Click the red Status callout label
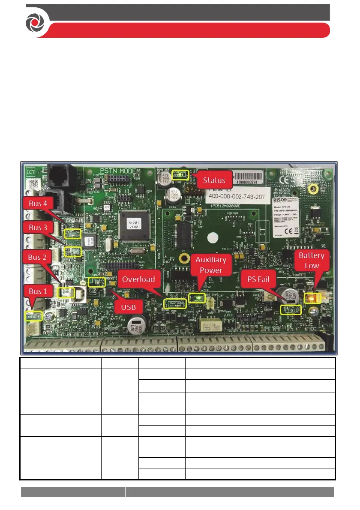[x=214, y=180]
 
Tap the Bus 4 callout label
[x=38, y=204]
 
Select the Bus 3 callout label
[x=38, y=227]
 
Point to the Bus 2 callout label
[x=38, y=257]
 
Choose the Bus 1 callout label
[x=38, y=291]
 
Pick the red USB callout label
[x=128, y=307]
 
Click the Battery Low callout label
[x=312, y=260]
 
